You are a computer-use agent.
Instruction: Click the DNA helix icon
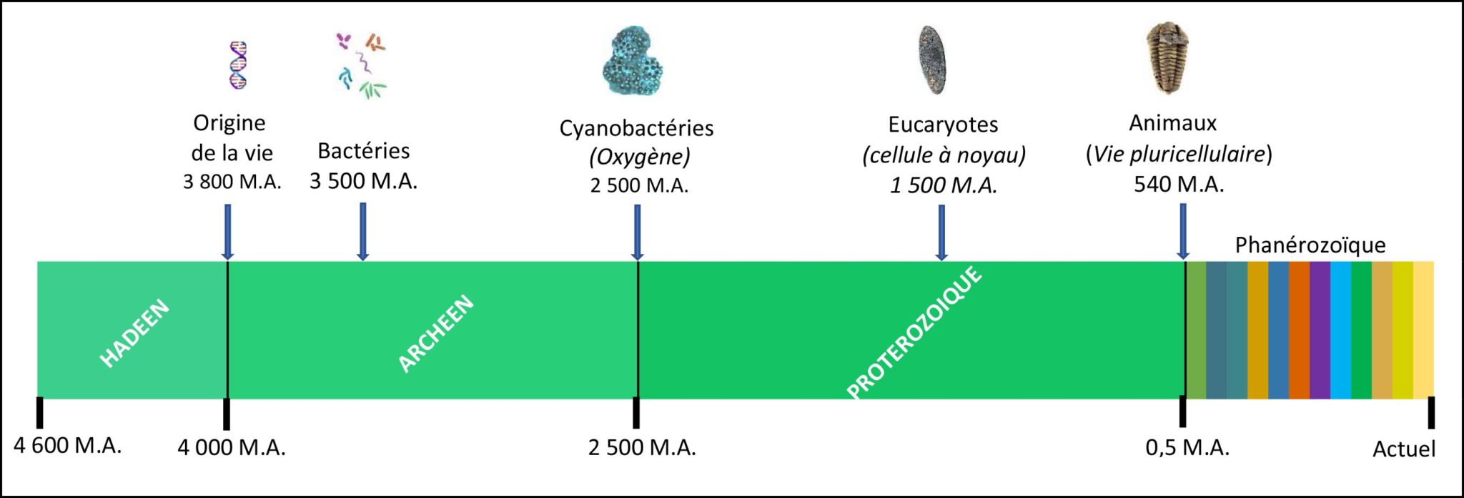(x=238, y=65)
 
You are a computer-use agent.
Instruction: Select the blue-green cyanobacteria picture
(x=633, y=63)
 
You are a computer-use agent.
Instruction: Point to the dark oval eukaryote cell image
(x=932, y=60)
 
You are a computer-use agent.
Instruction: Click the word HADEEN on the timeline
(x=134, y=333)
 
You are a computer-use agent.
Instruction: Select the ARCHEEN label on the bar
(x=435, y=333)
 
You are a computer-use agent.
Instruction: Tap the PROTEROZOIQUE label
(x=915, y=333)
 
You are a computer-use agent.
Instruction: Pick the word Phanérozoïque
(x=1310, y=245)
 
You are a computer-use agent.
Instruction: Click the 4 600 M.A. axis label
(x=67, y=446)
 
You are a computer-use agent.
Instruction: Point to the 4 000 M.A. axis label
(x=232, y=448)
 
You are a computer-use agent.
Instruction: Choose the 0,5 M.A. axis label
(x=1187, y=448)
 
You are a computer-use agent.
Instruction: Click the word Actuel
(x=1404, y=449)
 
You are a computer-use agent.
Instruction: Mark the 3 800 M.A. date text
(x=232, y=182)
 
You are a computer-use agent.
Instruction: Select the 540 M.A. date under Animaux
(x=1179, y=185)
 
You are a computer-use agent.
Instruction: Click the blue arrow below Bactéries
(x=363, y=231)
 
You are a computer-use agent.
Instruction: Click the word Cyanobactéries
(x=636, y=128)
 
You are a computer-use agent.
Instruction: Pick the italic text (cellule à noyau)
(x=944, y=155)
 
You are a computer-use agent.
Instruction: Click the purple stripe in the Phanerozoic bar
(x=1320, y=330)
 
